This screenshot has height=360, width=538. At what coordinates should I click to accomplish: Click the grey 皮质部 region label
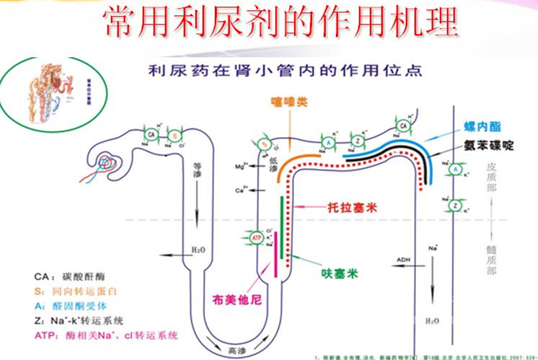492,177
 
